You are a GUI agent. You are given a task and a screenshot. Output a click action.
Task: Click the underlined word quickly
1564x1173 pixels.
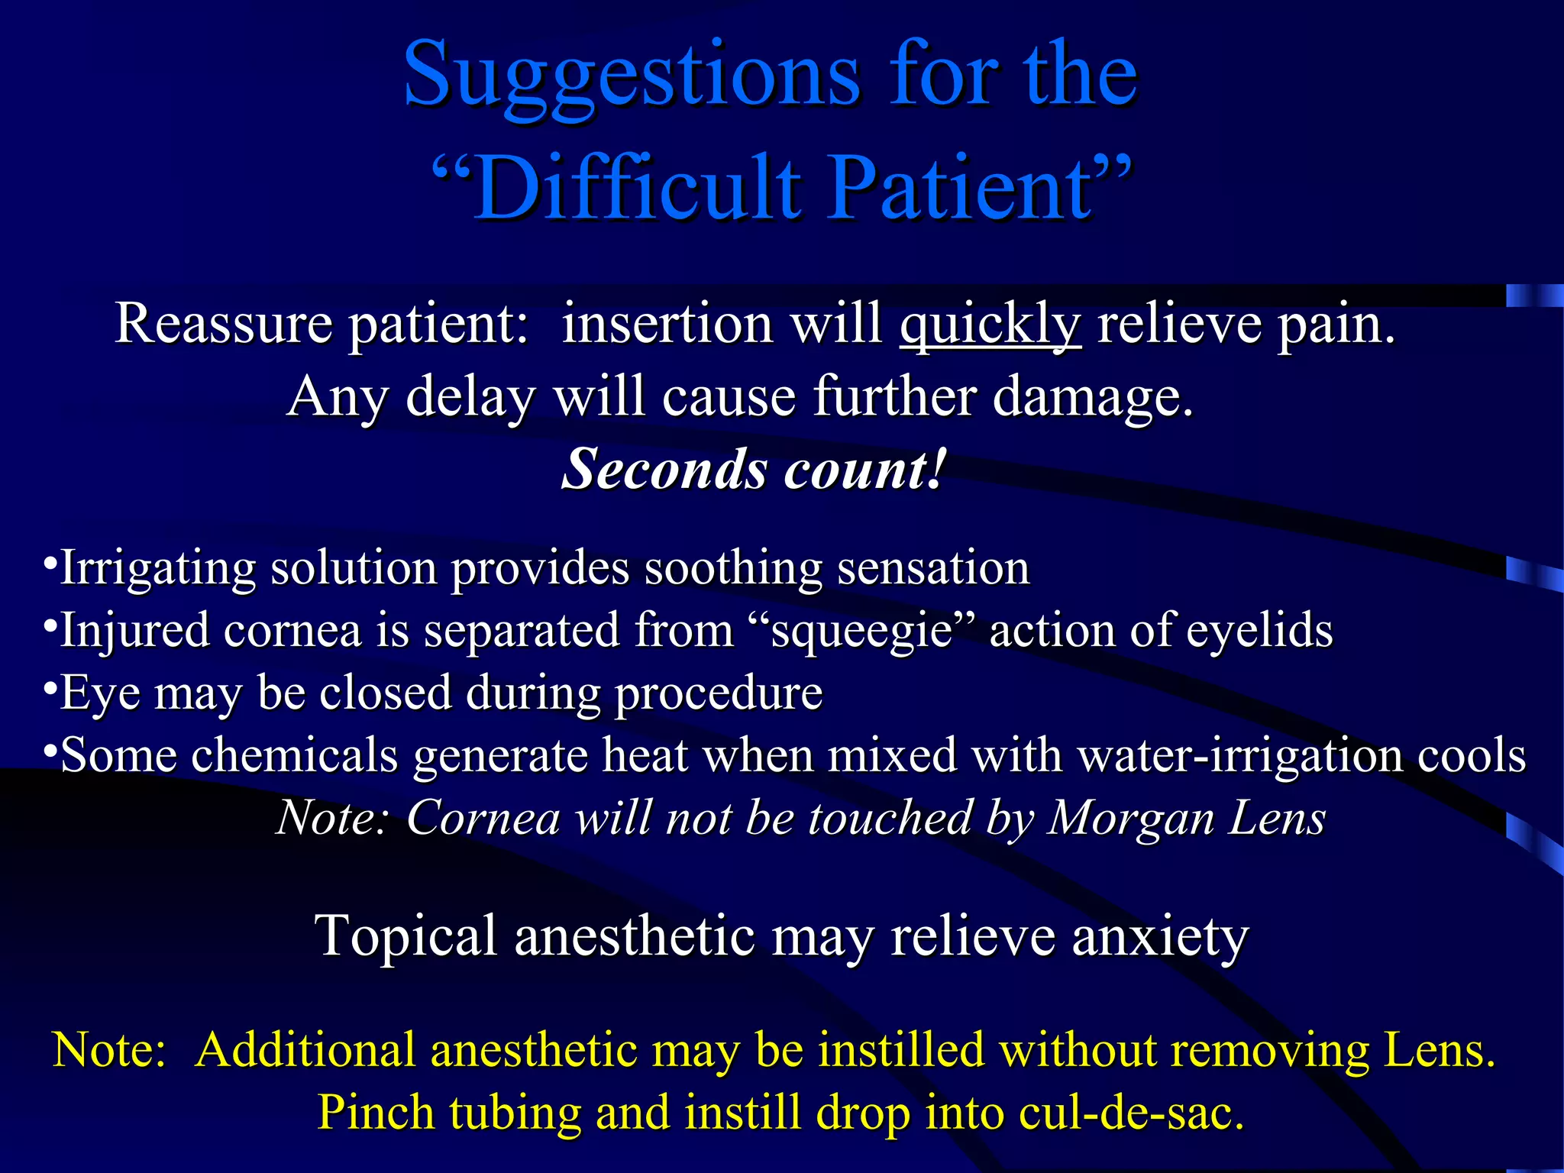point(990,325)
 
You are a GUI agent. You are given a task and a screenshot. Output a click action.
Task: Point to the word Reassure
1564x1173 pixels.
point(223,325)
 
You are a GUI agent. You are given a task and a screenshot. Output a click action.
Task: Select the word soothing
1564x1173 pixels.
point(732,569)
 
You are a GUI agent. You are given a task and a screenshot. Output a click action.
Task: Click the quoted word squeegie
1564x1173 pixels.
point(862,632)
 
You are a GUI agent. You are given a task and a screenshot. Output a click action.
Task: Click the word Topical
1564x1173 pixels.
point(406,936)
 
